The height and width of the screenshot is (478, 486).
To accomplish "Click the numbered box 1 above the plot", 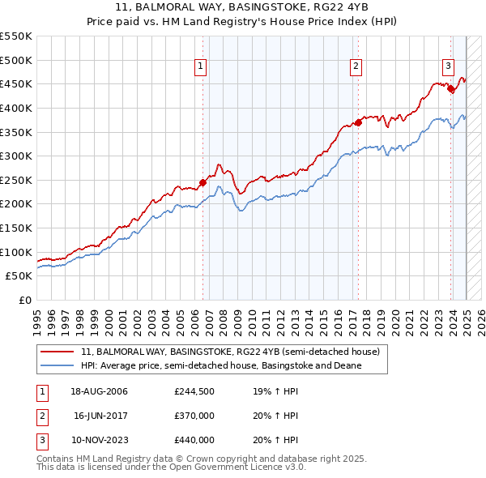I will pyautogui.click(x=200, y=67).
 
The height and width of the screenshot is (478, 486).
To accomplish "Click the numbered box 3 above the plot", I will pyautogui.click(x=448, y=67).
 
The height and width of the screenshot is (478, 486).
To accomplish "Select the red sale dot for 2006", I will pyautogui.click(x=202, y=182).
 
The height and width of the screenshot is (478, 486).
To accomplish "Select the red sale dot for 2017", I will pyautogui.click(x=358, y=122).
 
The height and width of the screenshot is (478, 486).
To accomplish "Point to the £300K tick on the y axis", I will pyautogui.click(x=16, y=156).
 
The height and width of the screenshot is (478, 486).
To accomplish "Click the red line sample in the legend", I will pyautogui.click(x=57, y=352).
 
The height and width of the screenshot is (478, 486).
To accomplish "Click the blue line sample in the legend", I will pyautogui.click(x=57, y=365).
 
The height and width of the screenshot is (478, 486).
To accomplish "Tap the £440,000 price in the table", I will pyautogui.click(x=194, y=440).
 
